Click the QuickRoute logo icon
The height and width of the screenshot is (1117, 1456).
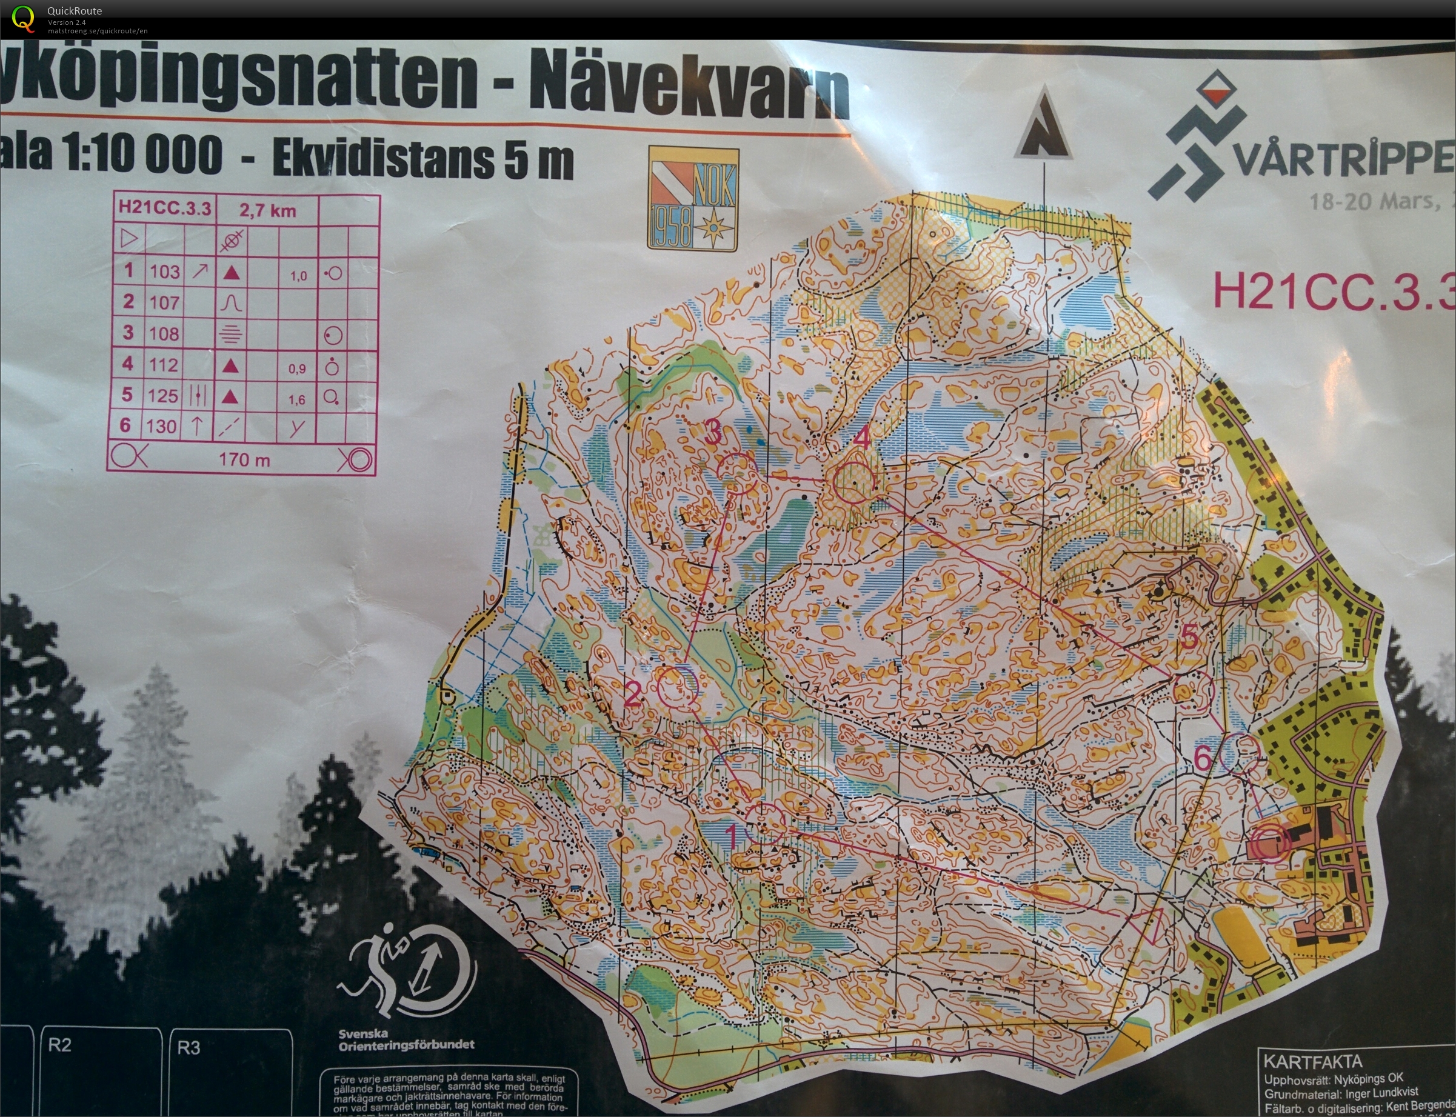click(x=23, y=18)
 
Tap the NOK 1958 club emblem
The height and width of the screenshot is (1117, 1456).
click(x=693, y=199)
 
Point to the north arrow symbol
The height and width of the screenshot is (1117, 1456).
click(x=1043, y=126)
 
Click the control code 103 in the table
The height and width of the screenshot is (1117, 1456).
click(x=164, y=272)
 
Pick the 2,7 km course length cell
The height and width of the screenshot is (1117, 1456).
click(x=267, y=211)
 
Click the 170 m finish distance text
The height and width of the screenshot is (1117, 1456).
click(x=244, y=459)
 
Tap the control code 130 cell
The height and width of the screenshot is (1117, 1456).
click(x=162, y=426)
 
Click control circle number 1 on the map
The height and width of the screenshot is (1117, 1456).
click(x=764, y=824)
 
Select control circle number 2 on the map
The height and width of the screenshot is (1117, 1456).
click(x=677, y=687)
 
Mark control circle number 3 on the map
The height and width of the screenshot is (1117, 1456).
click(x=738, y=472)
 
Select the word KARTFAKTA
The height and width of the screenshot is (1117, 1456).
click(x=1312, y=1061)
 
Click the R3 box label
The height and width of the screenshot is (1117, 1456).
click(x=189, y=1048)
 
